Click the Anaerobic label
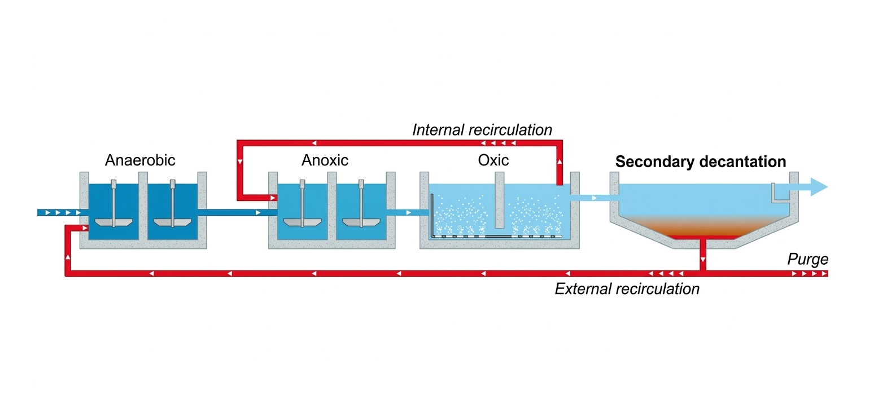pos(140,160)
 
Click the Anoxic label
pos(325,160)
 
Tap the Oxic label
pos(493,160)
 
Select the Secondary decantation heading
pos(700,162)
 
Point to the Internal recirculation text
pos(482,130)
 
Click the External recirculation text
pos(627,289)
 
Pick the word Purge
pos(807,259)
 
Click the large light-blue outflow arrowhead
pos(818,187)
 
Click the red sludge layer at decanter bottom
pos(703,235)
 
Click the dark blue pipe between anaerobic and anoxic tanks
pos(237,213)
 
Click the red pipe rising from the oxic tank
pos(560,164)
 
